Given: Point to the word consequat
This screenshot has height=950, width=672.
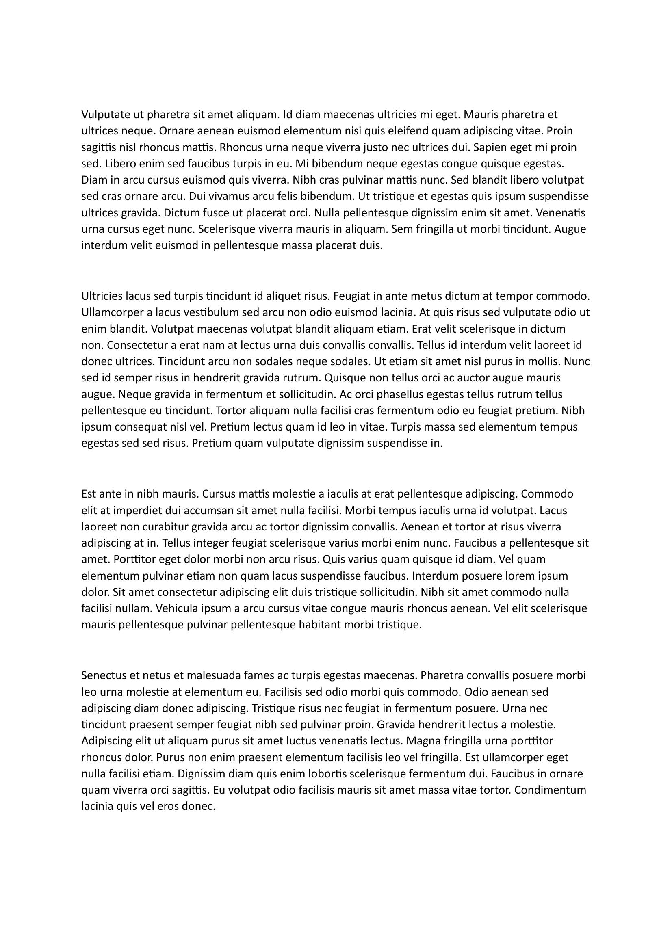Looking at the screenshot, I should (136, 427).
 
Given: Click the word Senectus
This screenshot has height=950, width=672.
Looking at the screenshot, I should (104, 676).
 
